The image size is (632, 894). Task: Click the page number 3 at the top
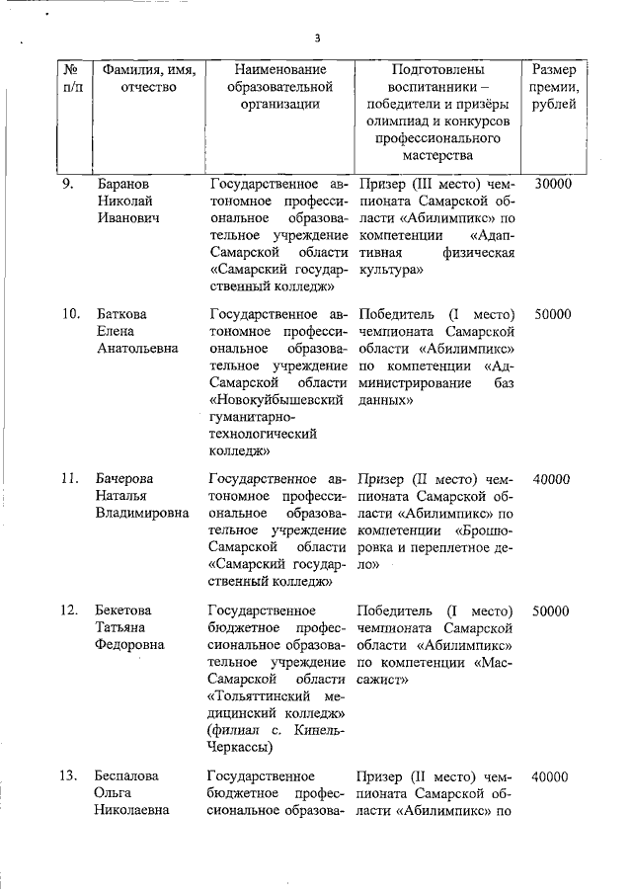click(x=317, y=39)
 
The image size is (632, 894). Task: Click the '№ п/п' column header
click(x=71, y=79)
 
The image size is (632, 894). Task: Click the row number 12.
click(x=70, y=610)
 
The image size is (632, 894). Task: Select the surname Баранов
click(x=123, y=184)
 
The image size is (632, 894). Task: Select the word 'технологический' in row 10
click(x=264, y=434)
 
